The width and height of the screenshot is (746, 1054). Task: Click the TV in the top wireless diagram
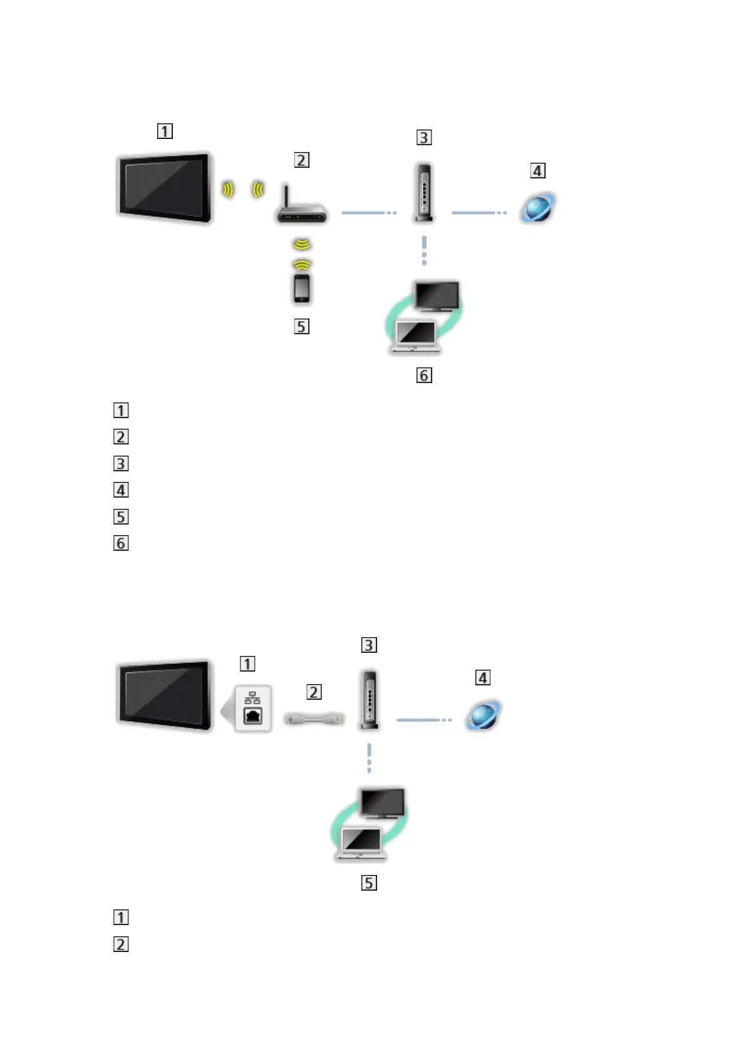pos(164,187)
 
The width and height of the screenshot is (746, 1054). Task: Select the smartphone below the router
pos(302,289)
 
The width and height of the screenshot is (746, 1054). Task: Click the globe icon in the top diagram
pos(538,208)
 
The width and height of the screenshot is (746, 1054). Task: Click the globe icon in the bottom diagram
pos(483,715)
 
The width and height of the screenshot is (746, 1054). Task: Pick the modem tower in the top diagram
pos(424,192)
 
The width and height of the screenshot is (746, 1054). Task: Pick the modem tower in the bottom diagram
pos(370,699)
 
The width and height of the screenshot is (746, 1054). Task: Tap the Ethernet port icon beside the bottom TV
pos(252,709)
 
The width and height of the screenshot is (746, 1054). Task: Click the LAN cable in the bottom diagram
pos(314,719)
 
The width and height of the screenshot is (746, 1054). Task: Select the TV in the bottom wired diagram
pos(164,694)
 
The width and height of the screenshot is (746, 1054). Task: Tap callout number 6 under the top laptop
pos(424,376)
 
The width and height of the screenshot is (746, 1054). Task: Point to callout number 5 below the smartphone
pos(302,327)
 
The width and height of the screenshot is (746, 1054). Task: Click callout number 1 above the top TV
pos(165,131)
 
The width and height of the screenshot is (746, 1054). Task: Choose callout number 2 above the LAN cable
pos(314,692)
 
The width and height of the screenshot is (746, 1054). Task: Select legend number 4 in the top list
pos(121,490)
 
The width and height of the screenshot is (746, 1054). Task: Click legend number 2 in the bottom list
pos(121,944)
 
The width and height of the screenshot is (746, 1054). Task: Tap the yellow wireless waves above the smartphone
pos(302,254)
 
